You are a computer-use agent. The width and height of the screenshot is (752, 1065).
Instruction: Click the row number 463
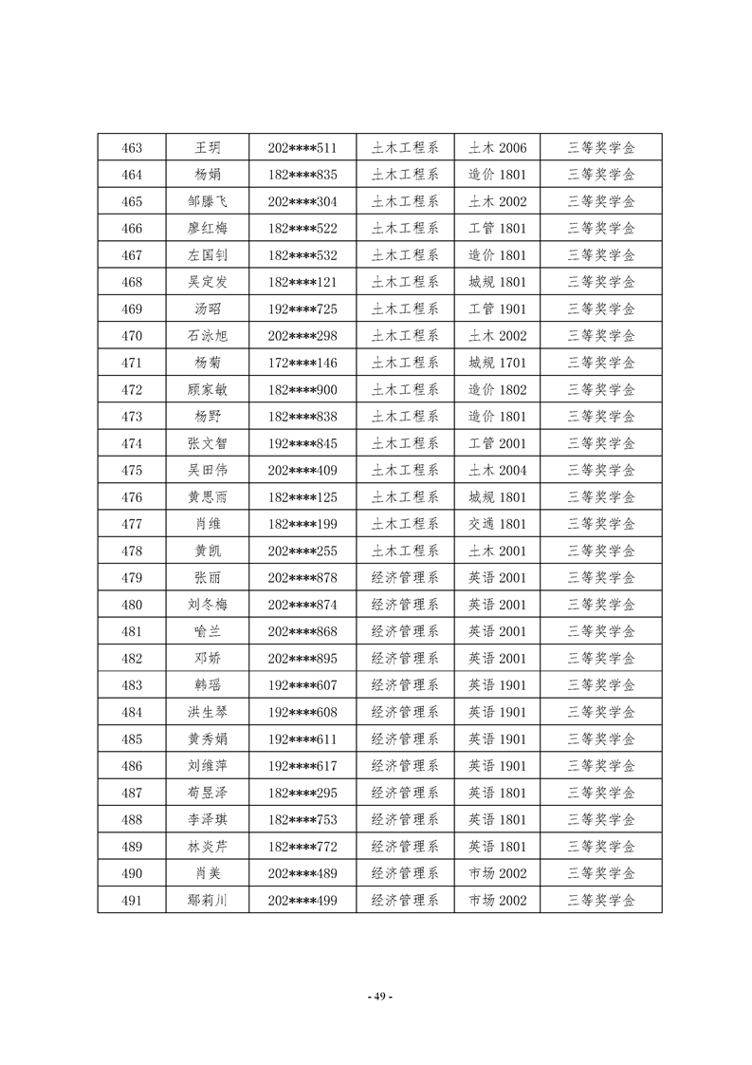tap(133, 148)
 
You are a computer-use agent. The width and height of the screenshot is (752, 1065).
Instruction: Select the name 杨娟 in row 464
tap(208, 175)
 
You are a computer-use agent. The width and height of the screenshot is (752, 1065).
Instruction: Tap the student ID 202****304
tap(303, 201)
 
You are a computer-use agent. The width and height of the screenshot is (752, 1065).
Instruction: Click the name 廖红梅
tap(208, 229)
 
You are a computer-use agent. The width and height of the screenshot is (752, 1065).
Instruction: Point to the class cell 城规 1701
tap(497, 363)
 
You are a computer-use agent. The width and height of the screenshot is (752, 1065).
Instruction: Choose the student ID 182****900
tap(303, 389)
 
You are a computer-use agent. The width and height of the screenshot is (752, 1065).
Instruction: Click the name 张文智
tap(208, 443)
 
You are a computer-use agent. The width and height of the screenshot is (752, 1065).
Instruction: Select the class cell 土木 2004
tap(497, 470)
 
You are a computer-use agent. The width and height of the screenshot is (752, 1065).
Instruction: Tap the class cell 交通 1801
tap(497, 524)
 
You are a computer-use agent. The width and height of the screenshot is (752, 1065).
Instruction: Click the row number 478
tap(133, 551)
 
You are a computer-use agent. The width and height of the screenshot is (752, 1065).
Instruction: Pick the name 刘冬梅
tap(208, 605)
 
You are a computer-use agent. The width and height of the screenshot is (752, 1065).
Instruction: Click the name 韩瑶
tap(208, 685)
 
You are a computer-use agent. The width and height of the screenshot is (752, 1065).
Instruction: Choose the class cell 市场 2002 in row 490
tap(497, 873)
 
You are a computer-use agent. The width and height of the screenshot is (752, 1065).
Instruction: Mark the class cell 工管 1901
tap(497, 309)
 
